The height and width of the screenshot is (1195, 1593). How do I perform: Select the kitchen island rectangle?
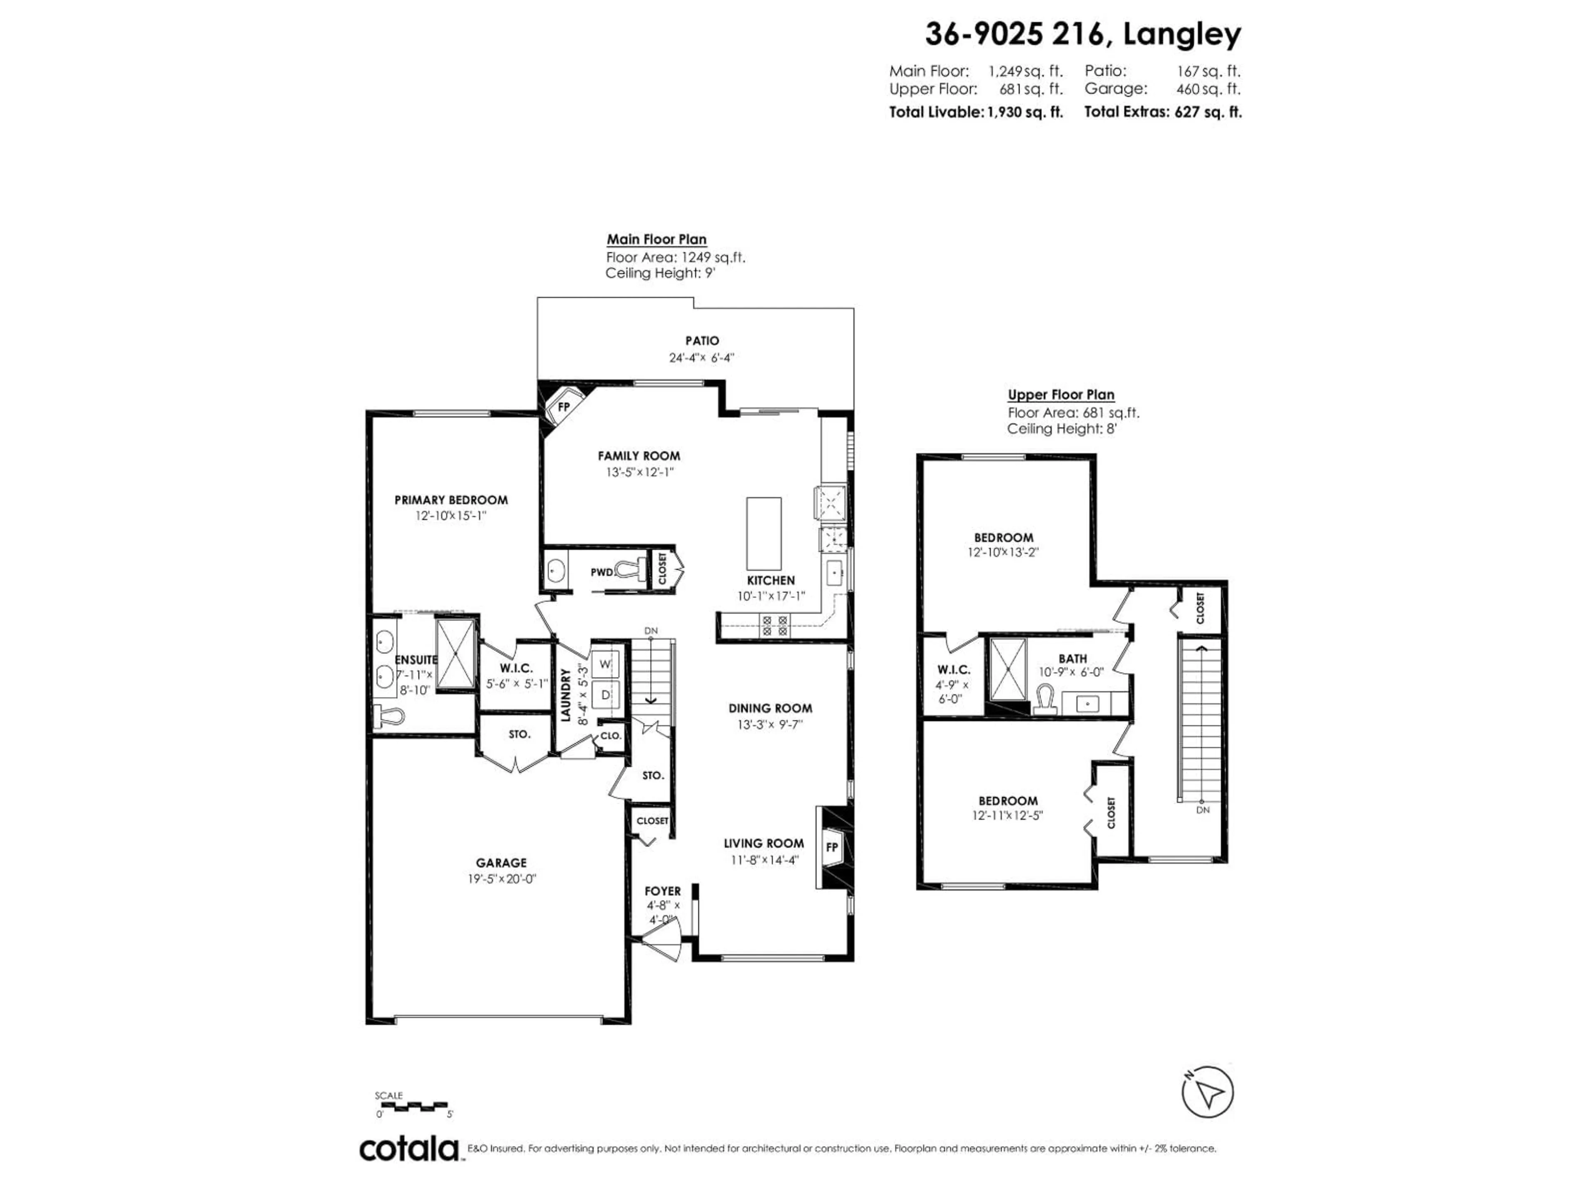pyautogui.click(x=763, y=533)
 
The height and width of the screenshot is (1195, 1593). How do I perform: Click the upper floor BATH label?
pyautogui.click(x=1072, y=658)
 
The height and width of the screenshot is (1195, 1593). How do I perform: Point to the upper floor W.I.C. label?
pyautogui.click(x=953, y=670)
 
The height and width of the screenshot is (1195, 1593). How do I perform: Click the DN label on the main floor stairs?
pyautogui.click(x=650, y=631)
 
